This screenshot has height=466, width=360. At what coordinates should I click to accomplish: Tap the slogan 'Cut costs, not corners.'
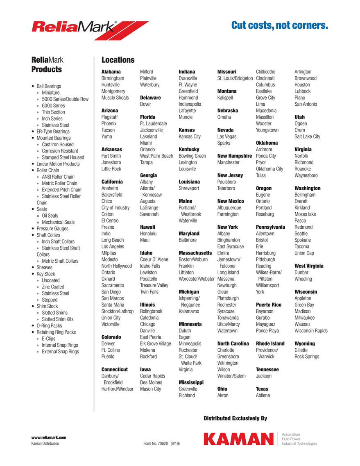pyautogui.click(x=280, y=26)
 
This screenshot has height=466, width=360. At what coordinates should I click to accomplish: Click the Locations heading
pyautogui.click(x=118, y=60)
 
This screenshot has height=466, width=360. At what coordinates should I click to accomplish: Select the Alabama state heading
pyautogui.click(x=111, y=72)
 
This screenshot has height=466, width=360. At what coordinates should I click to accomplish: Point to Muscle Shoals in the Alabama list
pyautogui.click(x=115, y=98)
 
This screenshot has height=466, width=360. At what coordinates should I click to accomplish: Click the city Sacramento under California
pyautogui.click(x=113, y=285)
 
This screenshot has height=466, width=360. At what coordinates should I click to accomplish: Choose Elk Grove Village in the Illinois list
pyautogui.click(x=156, y=343)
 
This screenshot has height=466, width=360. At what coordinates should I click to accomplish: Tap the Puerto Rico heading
pyautogui.click(x=269, y=305)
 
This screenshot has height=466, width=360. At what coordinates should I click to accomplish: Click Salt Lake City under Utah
pyautogui.click(x=307, y=136)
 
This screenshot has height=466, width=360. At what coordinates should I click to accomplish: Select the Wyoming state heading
pyautogui.click(x=305, y=343)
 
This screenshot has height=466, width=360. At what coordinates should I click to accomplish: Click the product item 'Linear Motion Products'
pyautogui.click(x=58, y=164)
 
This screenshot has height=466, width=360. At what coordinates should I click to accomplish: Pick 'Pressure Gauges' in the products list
pyautogui.click(x=52, y=229)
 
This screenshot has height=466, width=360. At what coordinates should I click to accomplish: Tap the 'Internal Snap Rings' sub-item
pyautogui.click(x=60, y=345)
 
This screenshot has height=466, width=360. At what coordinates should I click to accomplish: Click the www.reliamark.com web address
pyautogui.click(x=49, y=437)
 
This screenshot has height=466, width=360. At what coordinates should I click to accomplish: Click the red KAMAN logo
pyautogui.click(x=238, y=439)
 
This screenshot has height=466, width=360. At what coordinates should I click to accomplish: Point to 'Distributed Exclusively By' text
pyautogui.click(x=235, y=418)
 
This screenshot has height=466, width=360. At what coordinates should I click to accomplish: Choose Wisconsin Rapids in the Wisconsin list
pyautogui.click(x=311, y=331)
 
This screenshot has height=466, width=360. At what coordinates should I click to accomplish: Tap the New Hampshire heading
pyautogui.click(x=235, y=156)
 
